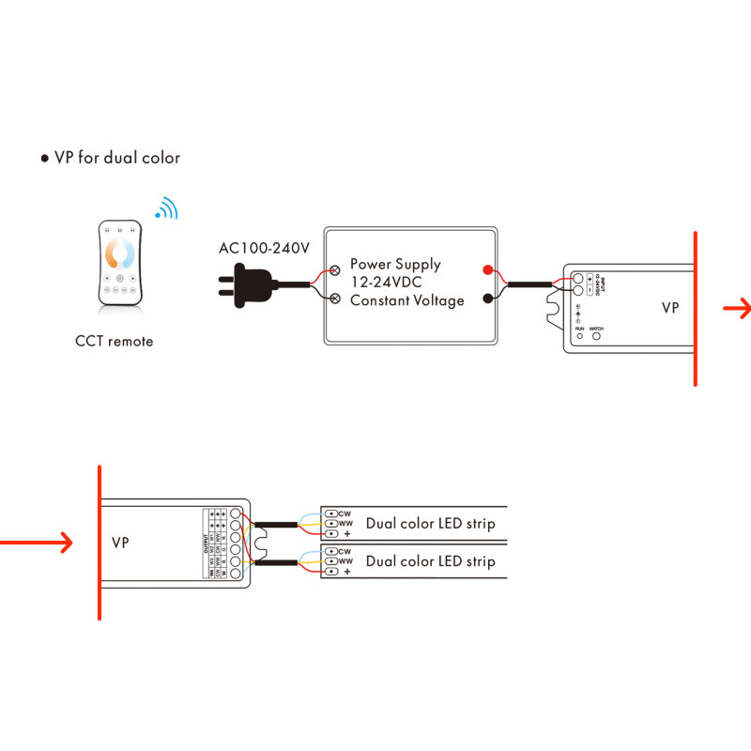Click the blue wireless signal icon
tap(166, 208)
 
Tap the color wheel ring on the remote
tap(120, 253)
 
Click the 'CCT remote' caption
tap(114, 341)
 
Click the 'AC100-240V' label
tap(264, 249)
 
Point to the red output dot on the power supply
tap(487, 271)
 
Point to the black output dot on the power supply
tap(487, 299)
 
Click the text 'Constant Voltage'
tap(406, 300)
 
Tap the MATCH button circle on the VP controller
tap(595, 335)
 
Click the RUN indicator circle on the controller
tap(579, 335)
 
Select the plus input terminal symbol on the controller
tap(589, 278)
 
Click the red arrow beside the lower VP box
tap(38, 542)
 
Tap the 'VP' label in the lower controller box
tap(120, 544)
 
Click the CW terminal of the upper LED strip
tap(331, 513)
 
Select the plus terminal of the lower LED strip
tap(331, 571)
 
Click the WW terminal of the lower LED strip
tap(331, 560)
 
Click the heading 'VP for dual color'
tap(116, 158)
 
